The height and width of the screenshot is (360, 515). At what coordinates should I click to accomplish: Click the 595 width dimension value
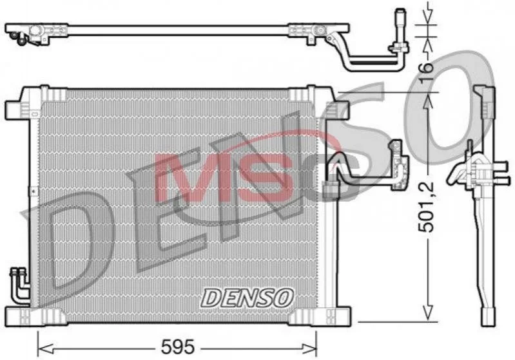[178, 346]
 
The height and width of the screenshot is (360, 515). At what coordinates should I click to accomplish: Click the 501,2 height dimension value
[426, 207]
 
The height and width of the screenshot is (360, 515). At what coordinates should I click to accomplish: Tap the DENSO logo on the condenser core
[248, 298]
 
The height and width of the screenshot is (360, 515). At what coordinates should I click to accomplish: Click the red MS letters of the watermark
[224, 176]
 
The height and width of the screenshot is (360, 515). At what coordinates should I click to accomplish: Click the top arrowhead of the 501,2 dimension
[427, 100]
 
